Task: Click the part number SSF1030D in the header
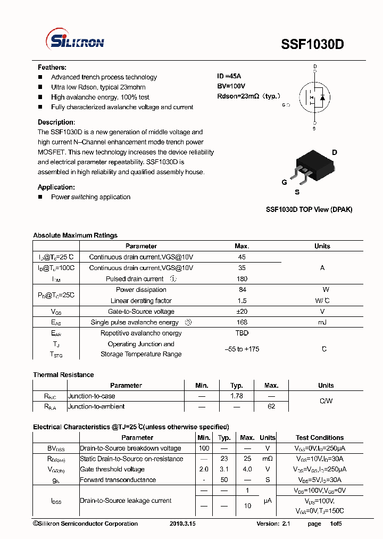[312, 45]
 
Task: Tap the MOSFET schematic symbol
[314, 97]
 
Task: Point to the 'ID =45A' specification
[229, 76]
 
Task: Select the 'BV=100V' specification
[231, 86]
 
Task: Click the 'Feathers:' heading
[52, 68]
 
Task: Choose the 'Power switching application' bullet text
[90, 197]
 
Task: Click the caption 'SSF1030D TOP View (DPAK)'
[309, 209]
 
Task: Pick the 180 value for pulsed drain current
[242, 279]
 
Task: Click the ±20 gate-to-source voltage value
[242, 312]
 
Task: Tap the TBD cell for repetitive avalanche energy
[242, 333]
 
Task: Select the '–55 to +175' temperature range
[242, 349]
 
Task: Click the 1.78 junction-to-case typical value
[237, 396]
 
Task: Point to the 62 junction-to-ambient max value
[271, 406]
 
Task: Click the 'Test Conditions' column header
[320, 438]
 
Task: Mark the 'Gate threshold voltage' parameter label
[112, 469]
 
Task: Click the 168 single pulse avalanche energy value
[242, 322]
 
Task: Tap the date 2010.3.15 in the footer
[182, 524]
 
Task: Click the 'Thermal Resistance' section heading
[63, 375]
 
